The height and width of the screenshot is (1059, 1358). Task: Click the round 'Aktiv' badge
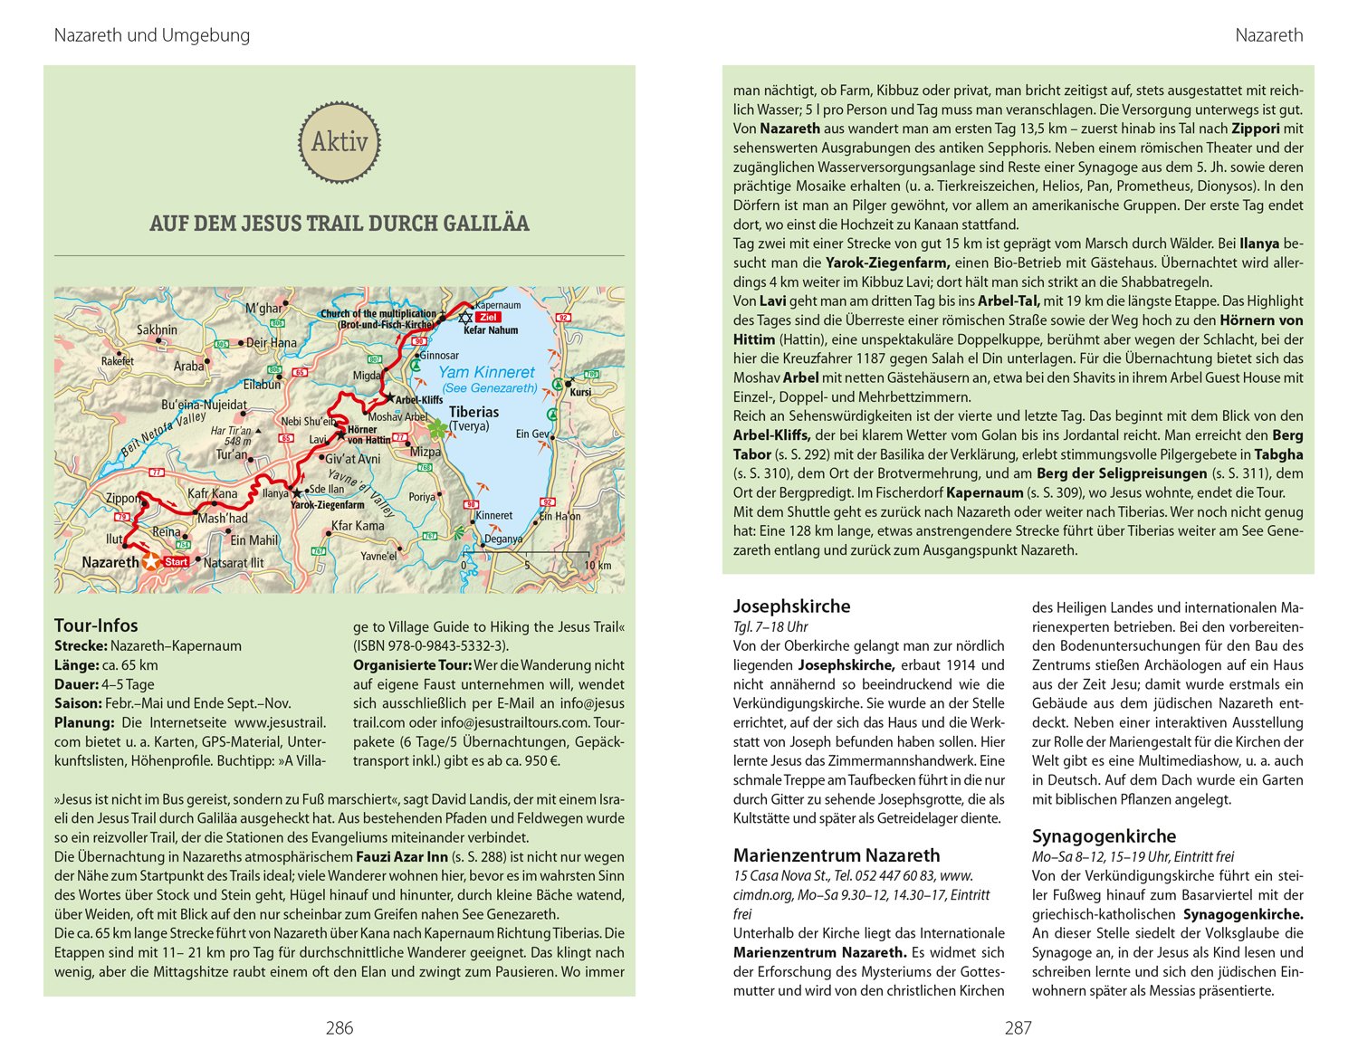339,142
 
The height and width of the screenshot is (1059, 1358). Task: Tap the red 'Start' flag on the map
176,562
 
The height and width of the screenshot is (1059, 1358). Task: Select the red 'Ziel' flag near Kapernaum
488,318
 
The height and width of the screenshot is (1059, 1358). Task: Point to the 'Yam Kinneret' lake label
486,372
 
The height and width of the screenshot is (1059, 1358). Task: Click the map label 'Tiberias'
473,412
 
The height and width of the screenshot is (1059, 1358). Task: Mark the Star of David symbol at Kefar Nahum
465,318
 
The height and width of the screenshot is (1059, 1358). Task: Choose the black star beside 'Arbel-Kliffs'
390,397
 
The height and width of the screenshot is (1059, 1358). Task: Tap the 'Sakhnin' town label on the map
157,329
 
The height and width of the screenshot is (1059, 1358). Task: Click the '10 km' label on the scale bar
598,566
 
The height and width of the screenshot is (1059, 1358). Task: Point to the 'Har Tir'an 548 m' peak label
232,436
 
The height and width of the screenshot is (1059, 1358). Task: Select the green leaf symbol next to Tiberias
437,427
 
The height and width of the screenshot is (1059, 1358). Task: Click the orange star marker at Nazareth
150,562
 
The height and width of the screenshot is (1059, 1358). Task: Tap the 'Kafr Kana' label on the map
212,494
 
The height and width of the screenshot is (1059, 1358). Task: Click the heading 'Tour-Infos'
96,625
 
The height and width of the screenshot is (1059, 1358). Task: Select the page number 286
339,1028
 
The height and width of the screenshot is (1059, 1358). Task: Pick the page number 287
1018,1028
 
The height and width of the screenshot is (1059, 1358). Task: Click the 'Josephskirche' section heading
791,606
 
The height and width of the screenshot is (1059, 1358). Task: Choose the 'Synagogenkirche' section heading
1104,836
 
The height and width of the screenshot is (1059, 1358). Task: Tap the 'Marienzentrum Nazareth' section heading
837,855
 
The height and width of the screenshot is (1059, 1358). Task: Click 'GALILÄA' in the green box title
485,224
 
